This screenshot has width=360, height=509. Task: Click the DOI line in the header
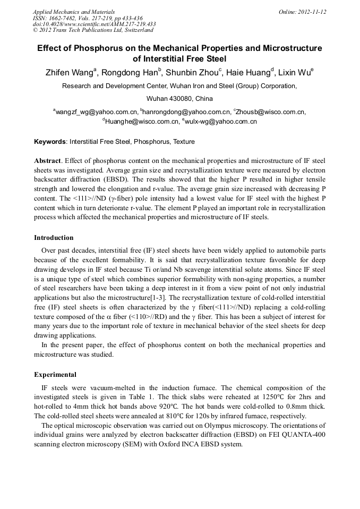(x=94, y=24)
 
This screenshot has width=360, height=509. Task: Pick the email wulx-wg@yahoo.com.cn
(x=221, y=122)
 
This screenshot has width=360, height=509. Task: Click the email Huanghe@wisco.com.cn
(x=141, y=122)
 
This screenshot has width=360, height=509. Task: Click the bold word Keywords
(x=50, y=142)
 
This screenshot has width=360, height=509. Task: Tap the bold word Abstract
(x=47, y=160)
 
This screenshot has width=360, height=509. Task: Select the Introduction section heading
(x=54, y=237)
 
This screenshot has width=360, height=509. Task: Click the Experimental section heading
(x=55, y=374)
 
